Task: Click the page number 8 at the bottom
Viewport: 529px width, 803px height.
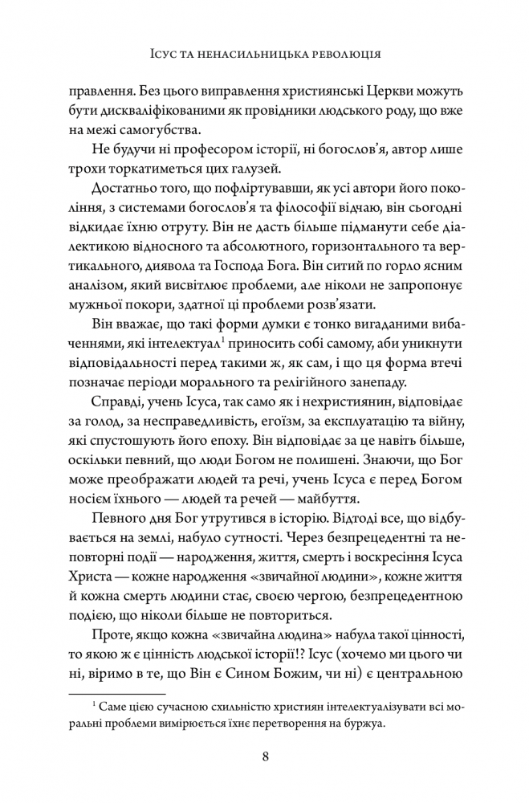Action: click(264, 756)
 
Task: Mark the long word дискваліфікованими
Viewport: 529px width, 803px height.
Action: click(159, 108)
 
